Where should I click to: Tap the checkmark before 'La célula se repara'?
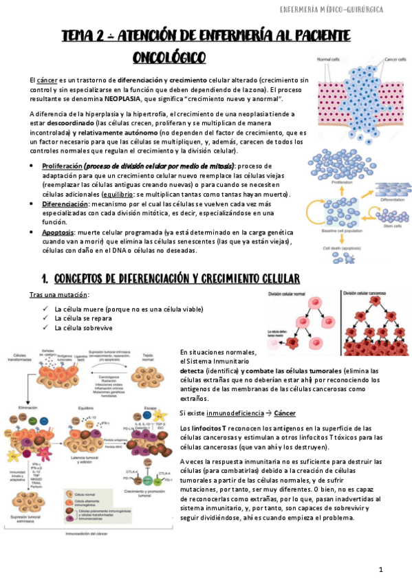(44, 319)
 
